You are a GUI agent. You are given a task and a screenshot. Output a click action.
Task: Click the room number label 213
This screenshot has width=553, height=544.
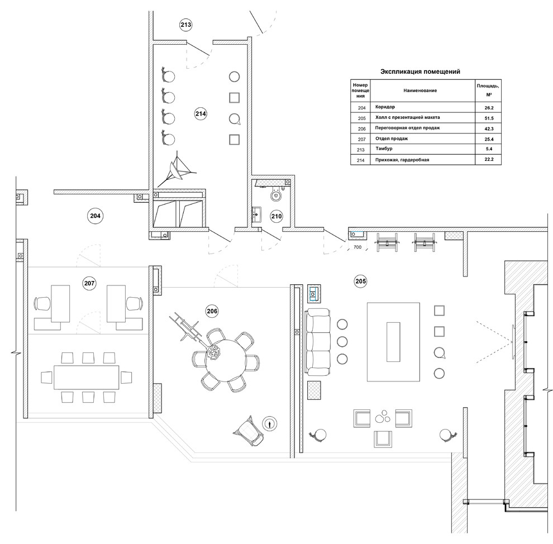click(186, 25)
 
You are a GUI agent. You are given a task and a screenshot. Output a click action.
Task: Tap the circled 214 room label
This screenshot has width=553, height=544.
click(201, 113)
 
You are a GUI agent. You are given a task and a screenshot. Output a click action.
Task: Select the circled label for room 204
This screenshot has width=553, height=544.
click(95, 216)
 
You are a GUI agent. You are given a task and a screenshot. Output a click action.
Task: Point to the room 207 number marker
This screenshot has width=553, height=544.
click(89, 283)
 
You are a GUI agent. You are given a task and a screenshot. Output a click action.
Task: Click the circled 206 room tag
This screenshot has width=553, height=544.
click(212, 311)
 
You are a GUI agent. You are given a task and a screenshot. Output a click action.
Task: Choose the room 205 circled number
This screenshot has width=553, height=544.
click(360, 281)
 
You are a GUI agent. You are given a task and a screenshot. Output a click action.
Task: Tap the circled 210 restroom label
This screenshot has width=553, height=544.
click(276, 216)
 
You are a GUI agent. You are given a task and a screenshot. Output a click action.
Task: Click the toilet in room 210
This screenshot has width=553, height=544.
click(276, 194)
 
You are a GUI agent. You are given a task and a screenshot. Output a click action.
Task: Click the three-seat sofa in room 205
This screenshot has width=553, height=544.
click(318, 342)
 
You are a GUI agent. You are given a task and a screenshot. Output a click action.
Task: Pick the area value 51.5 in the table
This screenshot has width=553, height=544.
click(489, 118)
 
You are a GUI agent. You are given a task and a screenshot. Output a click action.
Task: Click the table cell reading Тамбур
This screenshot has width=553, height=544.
click(384, 149)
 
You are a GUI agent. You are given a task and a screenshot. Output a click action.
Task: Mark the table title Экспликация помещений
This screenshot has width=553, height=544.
click(420, 71)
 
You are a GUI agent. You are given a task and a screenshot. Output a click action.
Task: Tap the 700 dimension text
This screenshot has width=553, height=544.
click(357, 247)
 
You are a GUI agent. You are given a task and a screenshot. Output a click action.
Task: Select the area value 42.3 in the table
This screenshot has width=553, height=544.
click(489, 129)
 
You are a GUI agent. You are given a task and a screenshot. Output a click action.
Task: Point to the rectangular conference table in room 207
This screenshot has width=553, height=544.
click(87, 377)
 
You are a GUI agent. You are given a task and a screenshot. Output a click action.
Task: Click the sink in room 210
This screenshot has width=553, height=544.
click(257, 214)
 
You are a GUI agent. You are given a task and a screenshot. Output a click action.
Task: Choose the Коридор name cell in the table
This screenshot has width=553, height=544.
click(385, 107)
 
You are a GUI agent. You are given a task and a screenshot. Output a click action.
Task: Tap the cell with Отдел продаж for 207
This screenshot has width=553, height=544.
click(392, 139)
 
